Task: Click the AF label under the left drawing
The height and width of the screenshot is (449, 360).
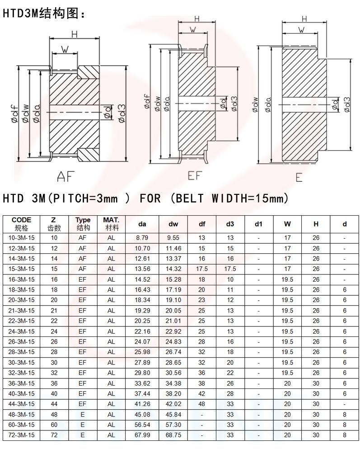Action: click(65, 176)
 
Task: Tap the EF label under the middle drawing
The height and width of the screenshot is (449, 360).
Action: click(194, 175)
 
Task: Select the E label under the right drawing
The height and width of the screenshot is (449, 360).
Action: click(299, 178)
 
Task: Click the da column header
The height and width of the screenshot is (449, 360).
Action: click(142, 224)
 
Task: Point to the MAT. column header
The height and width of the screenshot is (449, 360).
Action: click(111, 224)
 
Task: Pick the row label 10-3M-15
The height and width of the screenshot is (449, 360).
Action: click(22, 237)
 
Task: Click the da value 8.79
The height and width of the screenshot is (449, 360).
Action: click(142, 237)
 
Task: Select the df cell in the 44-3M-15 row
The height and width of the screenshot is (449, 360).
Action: click(202, 404)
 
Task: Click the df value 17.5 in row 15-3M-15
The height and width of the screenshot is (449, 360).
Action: click(202, 269)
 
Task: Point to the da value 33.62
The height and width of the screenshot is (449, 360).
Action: click(142, 383)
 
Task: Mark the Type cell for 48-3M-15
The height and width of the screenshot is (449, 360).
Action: click(82, 414)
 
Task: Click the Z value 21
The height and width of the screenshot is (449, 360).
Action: click(54, 310)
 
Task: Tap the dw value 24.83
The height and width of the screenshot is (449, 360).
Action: click(173, 341)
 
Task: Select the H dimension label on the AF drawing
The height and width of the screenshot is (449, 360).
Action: click(74, 34)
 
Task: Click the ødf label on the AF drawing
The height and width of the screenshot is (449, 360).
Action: click(15, 113)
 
